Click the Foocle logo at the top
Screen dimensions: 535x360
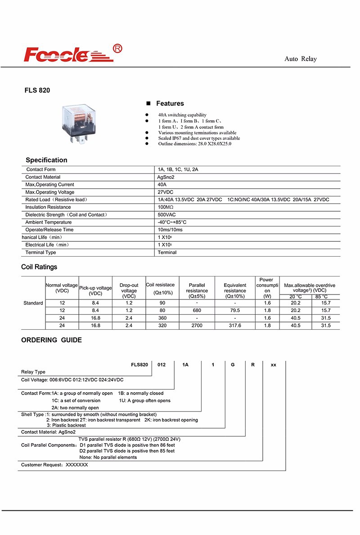[67, 54]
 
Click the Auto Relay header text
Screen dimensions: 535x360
[301, 59]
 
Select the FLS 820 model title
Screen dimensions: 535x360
[37, 90]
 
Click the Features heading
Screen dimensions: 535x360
[170, 104]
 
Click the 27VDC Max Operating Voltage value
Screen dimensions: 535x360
[166, 192]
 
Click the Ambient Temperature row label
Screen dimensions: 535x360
[48, 222]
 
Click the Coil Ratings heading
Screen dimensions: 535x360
[39, 267]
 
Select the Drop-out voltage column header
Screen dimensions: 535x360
[129, 291]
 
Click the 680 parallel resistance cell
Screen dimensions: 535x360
[197, 310]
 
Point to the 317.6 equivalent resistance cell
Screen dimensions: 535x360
[235, 325]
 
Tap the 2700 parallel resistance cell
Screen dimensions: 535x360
[197, 325]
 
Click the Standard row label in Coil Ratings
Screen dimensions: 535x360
[33, 303]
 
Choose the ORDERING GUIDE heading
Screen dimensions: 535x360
[51, 340]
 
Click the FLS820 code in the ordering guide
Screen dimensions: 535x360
[139, 365]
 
